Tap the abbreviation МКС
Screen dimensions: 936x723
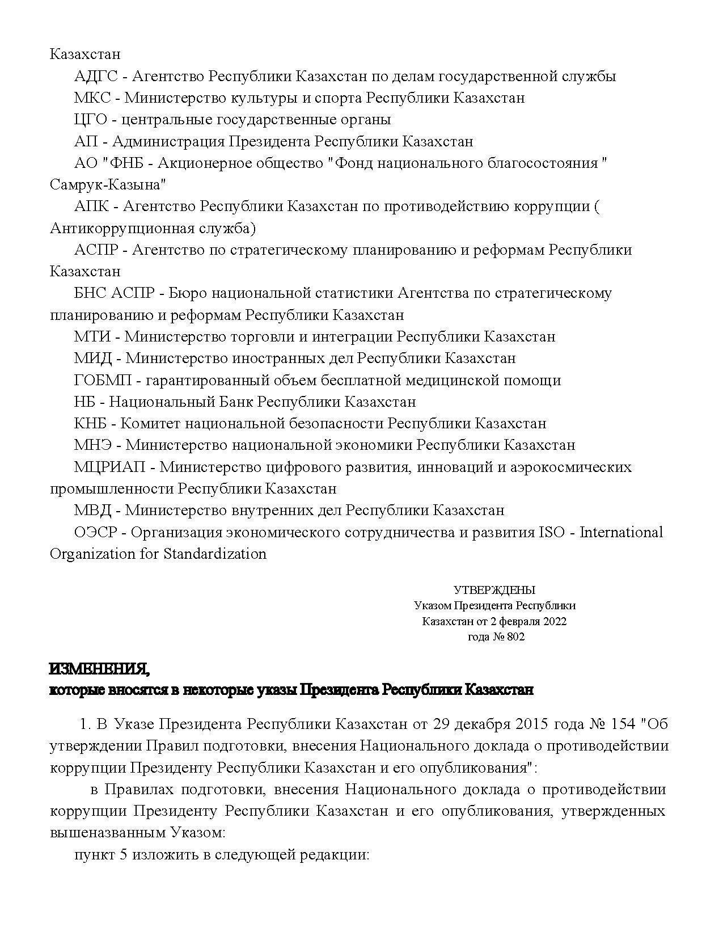(92, 98)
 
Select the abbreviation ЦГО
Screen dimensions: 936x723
(91, 120)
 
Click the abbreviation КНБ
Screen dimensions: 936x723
(91, 424)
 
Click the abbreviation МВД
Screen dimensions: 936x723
(92, 511)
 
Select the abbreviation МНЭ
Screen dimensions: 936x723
(93, 445)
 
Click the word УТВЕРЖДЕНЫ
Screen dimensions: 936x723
(494, 591)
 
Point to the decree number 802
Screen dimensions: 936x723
(516, 637)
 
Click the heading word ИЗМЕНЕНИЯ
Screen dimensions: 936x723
(100, 670)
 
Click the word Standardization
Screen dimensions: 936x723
(215, 554)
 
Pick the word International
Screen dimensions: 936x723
(621, 533)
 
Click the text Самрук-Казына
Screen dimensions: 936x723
(108, 185)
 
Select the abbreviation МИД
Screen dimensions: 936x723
(92, 359)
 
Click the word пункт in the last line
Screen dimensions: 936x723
(94, 855)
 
